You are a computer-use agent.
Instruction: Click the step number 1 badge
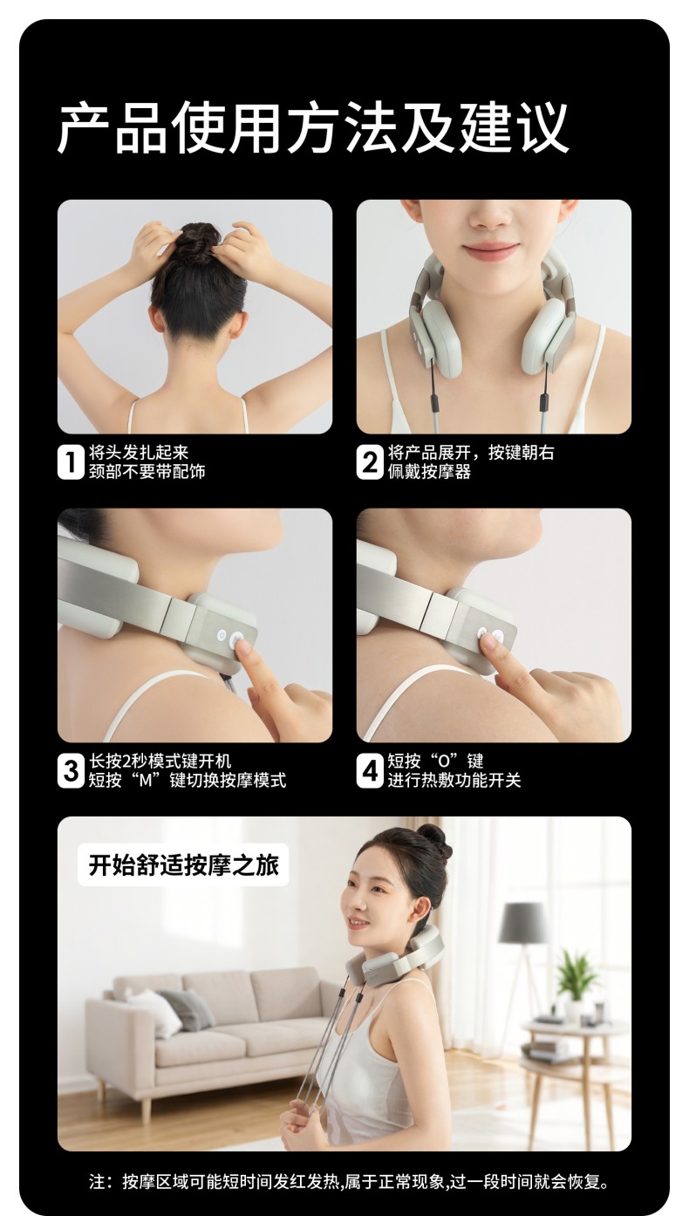click(x=70, y=462)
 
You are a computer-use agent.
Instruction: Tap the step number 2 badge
click(x=369, y=462)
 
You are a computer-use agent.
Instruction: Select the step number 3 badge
click(x=70, y=770)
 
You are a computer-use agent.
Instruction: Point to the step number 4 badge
click(x=369, y=770)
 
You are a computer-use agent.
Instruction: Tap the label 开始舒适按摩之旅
click(x=183, y=864)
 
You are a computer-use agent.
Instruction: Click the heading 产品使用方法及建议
click(x=313, y=128)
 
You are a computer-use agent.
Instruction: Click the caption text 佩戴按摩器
click(x=429, y=472)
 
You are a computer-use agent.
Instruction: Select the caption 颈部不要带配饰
click(x=147, y=472)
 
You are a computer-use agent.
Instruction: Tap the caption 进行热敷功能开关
click(x=454, y=780)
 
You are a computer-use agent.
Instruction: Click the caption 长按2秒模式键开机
click(x=160, y=761)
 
